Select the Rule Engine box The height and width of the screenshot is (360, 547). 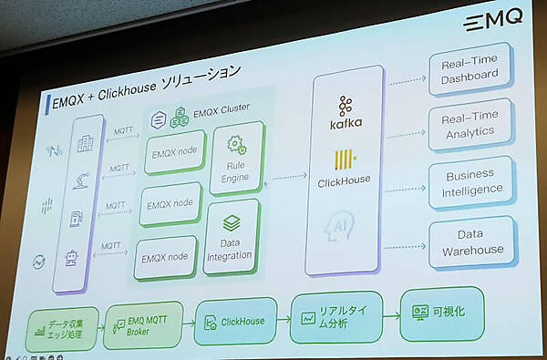coord(236,161)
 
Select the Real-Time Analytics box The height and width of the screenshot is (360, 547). coord(469,124)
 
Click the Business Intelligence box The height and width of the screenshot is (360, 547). coord(469,181)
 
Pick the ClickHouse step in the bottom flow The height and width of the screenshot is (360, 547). coord(235,321)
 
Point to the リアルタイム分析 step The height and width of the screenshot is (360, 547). coord(335,317)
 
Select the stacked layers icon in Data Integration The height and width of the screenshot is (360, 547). coord(231,221)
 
